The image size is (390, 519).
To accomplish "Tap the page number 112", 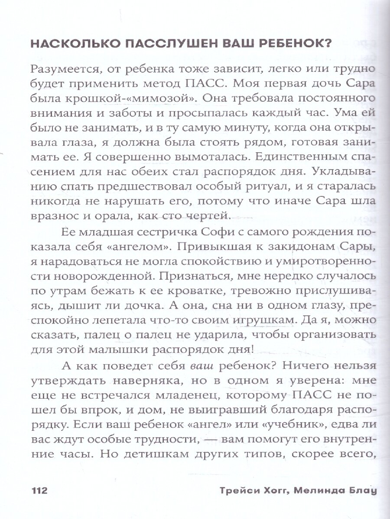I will coord(39,491).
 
